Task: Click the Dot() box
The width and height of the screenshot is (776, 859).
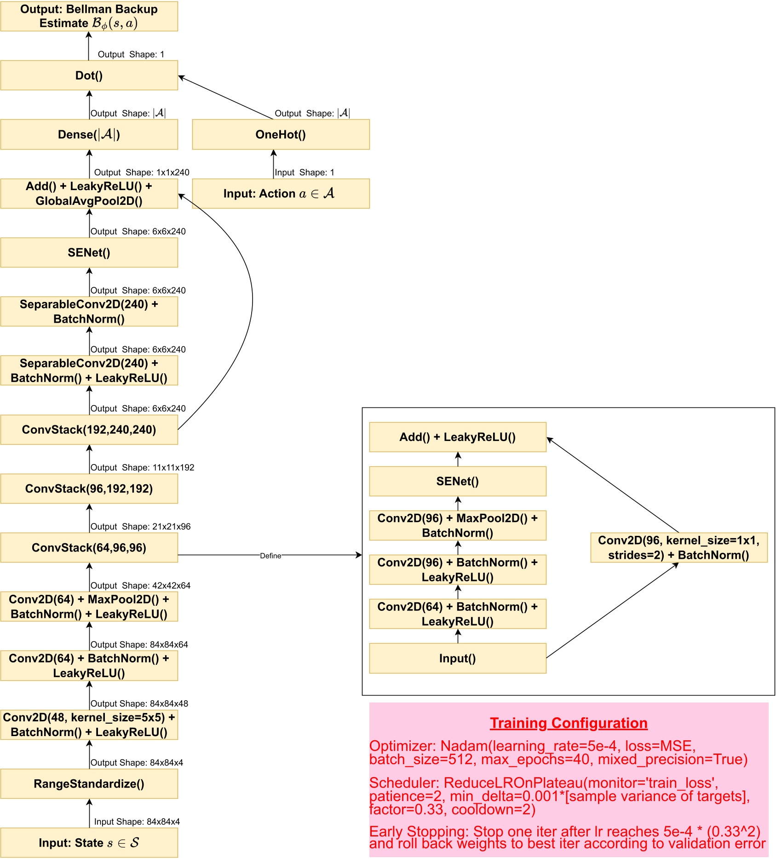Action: pos(89,75)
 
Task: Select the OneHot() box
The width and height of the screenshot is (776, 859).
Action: pos(281,134)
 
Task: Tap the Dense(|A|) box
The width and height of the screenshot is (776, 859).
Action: pos(89,134)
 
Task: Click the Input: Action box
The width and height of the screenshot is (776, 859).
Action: pos(281,193)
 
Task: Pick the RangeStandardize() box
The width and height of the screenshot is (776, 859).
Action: pos(89,784)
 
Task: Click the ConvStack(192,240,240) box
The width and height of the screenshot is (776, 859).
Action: pos(89,429)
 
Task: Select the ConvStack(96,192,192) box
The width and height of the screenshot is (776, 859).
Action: pos(89,488)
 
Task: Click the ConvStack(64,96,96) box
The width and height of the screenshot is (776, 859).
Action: pos(89,547)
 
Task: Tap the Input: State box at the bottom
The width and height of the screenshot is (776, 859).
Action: pos(89,842)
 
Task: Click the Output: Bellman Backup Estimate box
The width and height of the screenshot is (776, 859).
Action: pos(89,16)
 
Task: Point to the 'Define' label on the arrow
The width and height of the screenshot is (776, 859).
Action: pos(270,556)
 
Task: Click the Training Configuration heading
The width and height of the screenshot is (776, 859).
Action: pos(569,723)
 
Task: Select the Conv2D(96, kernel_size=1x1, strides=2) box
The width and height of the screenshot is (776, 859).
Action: pos(678,547)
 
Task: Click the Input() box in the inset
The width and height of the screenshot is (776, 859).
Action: pos(457,658)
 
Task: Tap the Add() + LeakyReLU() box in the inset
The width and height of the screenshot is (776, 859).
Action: pos(457,437)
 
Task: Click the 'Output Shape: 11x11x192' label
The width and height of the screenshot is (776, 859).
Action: pos(142,467)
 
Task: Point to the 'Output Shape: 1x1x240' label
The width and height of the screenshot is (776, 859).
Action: pos(141,172)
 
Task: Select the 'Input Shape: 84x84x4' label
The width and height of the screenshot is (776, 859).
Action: pos(137,821)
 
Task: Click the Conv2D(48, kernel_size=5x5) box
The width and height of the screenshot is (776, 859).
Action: pos(89,725)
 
